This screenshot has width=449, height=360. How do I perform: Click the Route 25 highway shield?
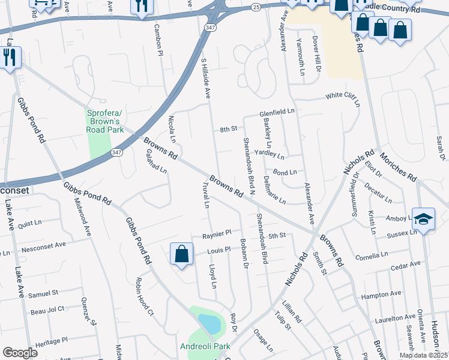(x=256, y=7)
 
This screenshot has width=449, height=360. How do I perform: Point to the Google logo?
(x=20, y=353)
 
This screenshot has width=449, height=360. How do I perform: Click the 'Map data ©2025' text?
(x=423, y=355)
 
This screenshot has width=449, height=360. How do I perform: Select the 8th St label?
(x=228, y=129)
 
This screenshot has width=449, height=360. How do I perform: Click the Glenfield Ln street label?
(x=277, y=112)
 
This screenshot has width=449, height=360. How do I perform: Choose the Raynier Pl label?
(x=216, y=233)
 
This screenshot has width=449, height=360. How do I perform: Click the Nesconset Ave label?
(x=43, y=245)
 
